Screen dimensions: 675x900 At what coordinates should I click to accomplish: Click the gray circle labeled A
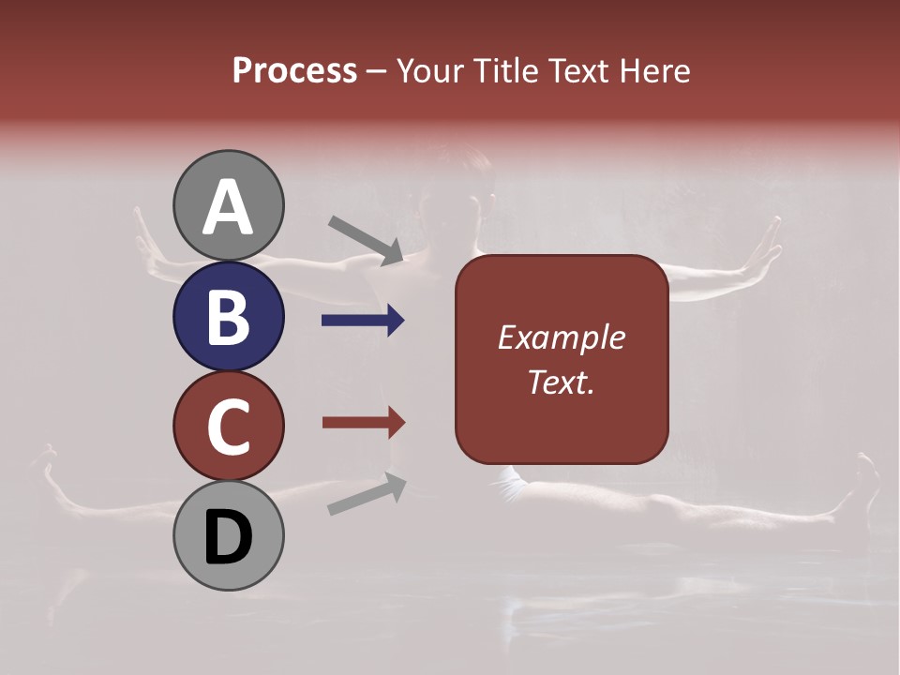tap(228, 206)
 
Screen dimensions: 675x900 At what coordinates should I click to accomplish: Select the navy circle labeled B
tap(228, 317)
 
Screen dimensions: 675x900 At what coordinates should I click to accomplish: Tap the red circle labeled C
tap(228, 427)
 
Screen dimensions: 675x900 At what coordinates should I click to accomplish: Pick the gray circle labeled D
tap(228, 536)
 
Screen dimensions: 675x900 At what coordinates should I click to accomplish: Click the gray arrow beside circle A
tap(366, 239)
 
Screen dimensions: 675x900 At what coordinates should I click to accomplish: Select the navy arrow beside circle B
tap(363, 321)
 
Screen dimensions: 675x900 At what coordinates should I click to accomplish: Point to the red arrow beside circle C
tap(363, 423)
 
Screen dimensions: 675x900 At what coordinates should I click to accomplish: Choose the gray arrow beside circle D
tap(367, 494)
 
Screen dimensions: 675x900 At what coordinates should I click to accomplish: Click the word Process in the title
tap(294, 71)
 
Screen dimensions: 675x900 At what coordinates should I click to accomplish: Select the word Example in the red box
tap(562, 337)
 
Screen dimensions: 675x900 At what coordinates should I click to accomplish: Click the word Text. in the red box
tap(562, 382)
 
